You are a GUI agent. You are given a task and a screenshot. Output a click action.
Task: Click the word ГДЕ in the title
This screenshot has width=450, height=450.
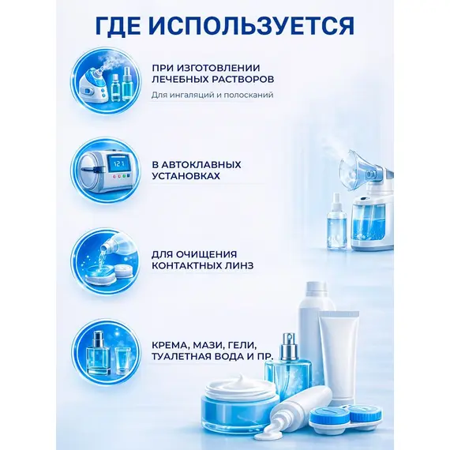point(118,25)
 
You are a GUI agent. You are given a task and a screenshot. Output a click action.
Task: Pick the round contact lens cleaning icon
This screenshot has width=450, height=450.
point(107,262)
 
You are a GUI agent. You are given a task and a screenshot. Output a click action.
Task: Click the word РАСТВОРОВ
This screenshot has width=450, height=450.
point(243,79)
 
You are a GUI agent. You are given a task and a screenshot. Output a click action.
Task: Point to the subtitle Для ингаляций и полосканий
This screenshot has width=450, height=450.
point(212,95)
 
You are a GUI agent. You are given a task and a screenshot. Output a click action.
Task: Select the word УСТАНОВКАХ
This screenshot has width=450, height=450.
point(186,176)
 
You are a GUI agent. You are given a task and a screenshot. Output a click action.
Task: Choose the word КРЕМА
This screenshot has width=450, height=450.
point(170,344)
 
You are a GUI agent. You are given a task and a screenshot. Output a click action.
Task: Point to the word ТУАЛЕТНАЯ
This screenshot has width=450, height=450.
point(179,356)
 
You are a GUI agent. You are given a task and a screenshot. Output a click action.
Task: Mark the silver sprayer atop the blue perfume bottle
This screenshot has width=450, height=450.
point(289,347)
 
